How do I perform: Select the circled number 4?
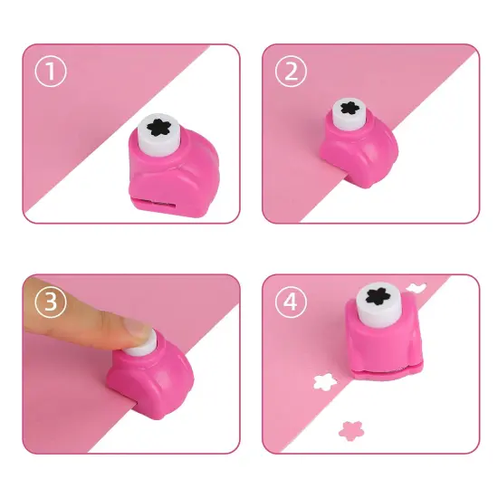tap(291, 302)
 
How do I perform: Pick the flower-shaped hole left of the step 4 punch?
tap(322, 382)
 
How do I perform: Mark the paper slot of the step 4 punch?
tap(380, 371)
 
